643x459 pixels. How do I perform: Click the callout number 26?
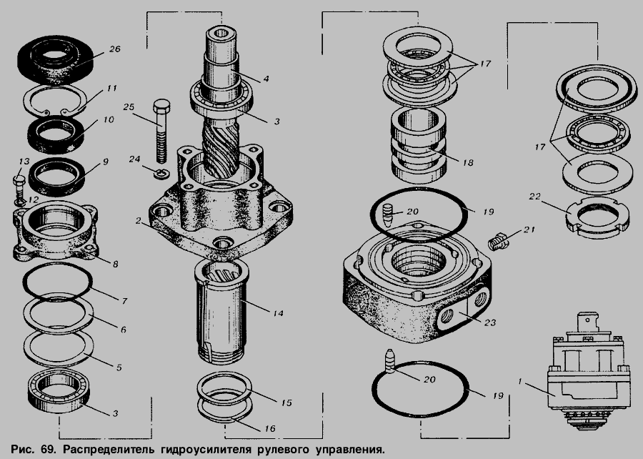point(114,49)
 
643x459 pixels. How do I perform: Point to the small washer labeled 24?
point(162,174)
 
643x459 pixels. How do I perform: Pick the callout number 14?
point(278,313)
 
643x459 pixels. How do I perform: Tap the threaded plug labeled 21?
point(498,241)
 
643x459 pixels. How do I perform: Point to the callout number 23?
point(489,323)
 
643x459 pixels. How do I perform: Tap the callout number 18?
point(467,162)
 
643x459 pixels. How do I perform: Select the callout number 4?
point(266,78)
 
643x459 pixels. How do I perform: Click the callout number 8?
point(115,264)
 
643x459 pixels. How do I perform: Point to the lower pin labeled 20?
point(390,361)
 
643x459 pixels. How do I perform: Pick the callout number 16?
point(269,429)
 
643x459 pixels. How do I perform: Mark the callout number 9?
point(106,162)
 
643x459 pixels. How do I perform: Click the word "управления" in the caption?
point(350,449)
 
